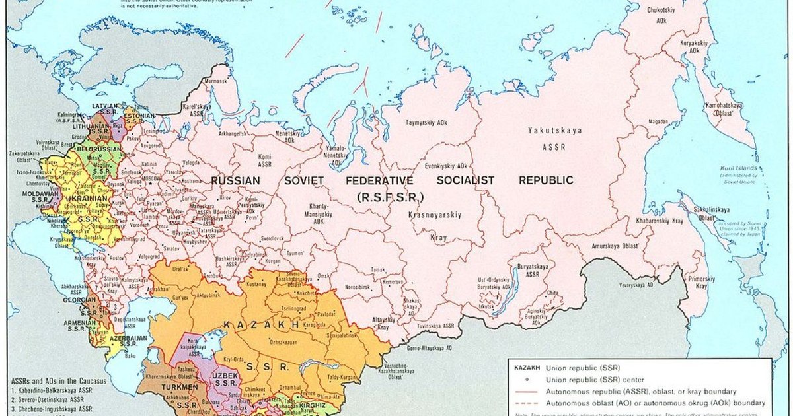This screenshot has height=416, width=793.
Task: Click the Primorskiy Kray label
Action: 702,283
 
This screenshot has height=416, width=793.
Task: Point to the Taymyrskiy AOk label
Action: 427,123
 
